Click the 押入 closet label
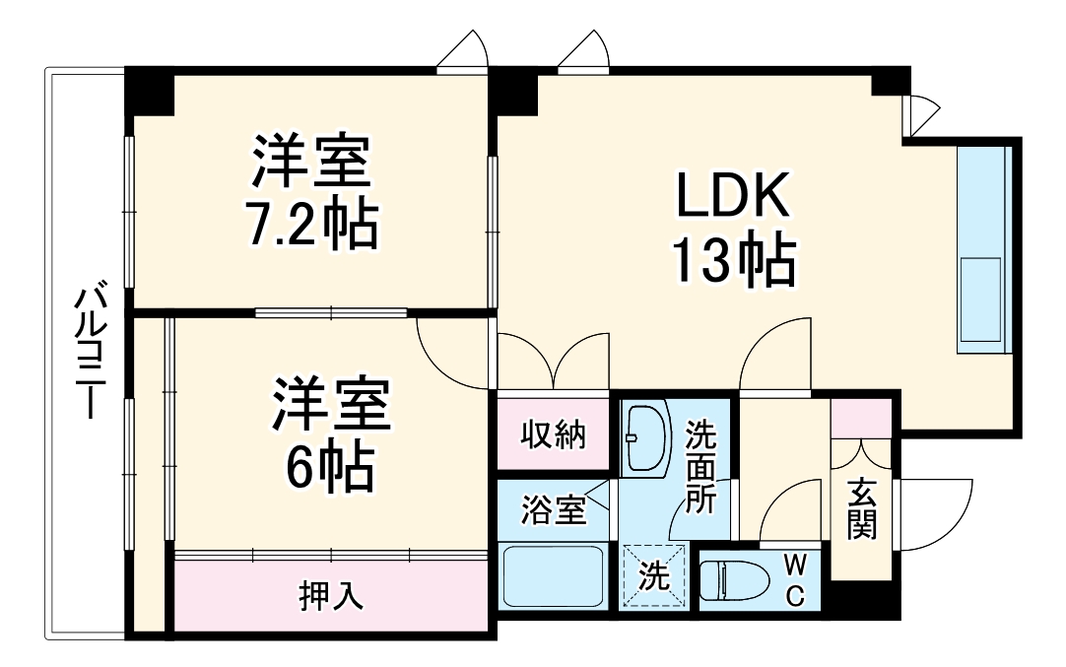(331, 595)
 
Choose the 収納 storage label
(554, 434)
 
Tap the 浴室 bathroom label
(554, 510)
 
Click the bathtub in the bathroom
(552, 576)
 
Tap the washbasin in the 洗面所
(645, 435)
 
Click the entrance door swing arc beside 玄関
(936, 514)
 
